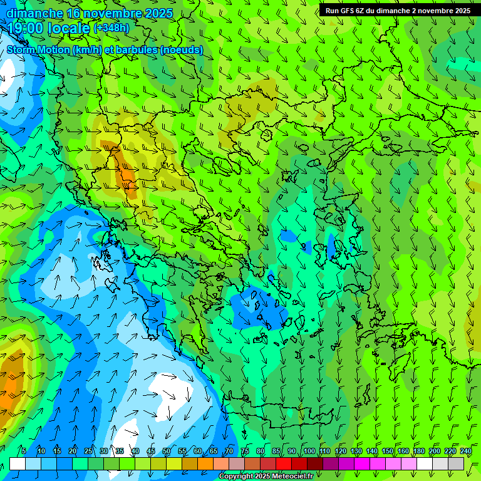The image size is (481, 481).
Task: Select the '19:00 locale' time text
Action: (49, 28)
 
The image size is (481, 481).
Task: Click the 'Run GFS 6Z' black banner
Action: (398, 11)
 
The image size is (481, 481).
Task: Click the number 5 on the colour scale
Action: (24, 452)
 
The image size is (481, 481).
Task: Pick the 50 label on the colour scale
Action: (167, 452)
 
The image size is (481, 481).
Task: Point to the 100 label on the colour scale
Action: (309, 452)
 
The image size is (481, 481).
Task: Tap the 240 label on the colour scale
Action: (466, 452)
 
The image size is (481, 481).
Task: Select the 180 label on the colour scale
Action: (419, 452)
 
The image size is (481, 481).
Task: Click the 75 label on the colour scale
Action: (245, 452)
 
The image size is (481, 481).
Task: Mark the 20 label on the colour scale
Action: (73, 452)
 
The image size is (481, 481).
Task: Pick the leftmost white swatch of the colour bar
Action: (18, 463)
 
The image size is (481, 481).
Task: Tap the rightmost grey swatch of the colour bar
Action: (457, 463)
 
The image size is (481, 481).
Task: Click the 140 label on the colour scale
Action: (372, 452)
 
